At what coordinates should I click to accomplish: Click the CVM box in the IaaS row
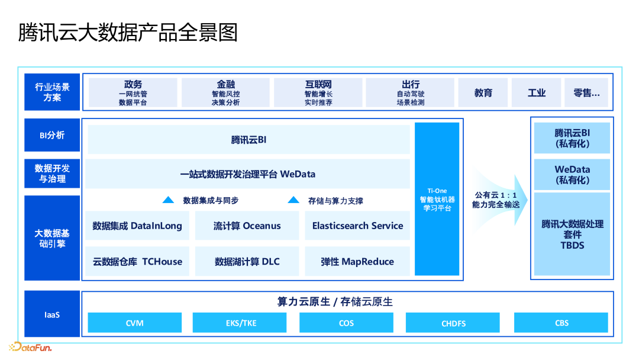pyautogui.click(x=135, y=323)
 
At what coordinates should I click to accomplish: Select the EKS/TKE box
pyautogui.click(x=240, y=323)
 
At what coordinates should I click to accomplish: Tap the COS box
pyautogui.click(x=346, y=323)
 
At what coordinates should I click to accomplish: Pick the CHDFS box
pyautogui.click(x=453, y=323)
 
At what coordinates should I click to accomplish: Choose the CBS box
pyautogui.click(x=561, y=323)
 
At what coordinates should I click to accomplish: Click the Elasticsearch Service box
pyautogui.click(x=357, y=226)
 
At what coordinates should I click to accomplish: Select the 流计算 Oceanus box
pyautogui.click(x=247, y=226)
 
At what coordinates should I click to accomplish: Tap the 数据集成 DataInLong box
pyautogui.click(x=137, y=226)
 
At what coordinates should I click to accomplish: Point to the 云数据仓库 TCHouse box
pyautogui.click(x=137, y=261)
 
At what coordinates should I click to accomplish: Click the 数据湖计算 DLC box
pyautogui.click(x=247, y=261)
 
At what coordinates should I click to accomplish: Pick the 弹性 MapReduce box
pyautogui.click(x=357, y=261)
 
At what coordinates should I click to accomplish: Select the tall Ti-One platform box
pyautogui.click(x=437, y=199)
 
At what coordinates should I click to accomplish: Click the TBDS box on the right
pyautogui.click(x=572, y=234)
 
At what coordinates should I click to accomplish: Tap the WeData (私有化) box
pyautogui.click(x=572, y=174)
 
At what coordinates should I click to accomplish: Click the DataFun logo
pyautogui.click(x=30, y=347)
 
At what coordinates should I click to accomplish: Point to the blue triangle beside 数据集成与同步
pyautogui.click(x=169, y=200)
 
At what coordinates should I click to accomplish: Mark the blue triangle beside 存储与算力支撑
pyautogui.click(x=293, y=200)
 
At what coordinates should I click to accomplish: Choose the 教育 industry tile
pyautogui.click(x=483, y=93)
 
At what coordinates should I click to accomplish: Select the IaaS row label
pyautogui.click(x=52, y=314)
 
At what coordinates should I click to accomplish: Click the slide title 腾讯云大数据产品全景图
pyautogui.click(x=128, y=32)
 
